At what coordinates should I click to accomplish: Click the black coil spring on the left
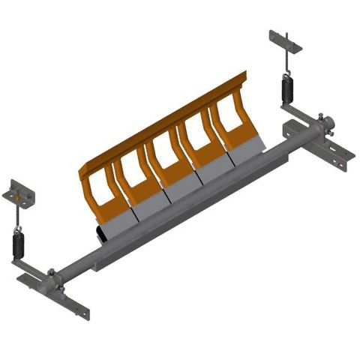[18, 244]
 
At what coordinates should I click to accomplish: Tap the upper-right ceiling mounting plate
[285, 41]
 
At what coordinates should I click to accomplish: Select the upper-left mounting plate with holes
[19, 194]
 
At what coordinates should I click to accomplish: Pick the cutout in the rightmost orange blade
[229, 115]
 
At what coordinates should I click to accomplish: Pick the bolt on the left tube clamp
[51, 272]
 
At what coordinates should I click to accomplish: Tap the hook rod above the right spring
[286, 64]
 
